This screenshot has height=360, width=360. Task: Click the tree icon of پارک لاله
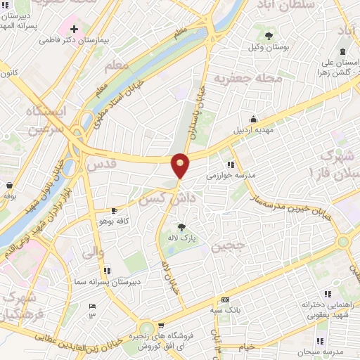pyautogui.click(x=182, y=227)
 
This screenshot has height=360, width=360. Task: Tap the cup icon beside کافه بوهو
pyautogui.click(x=114, y=211)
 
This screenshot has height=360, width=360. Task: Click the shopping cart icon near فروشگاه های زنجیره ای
pyautogui.click(x=161, y=325)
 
